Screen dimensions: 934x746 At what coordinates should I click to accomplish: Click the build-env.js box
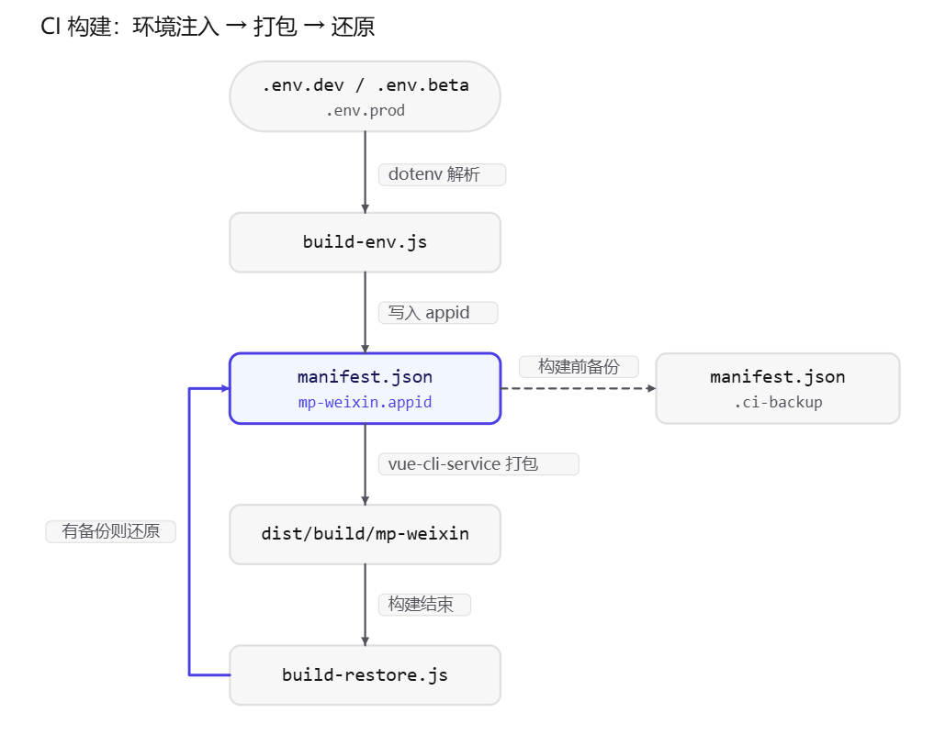[365, 242]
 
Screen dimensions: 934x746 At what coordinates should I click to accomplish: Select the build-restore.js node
[365, 675]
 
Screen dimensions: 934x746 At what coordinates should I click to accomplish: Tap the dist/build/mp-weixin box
[365, 534]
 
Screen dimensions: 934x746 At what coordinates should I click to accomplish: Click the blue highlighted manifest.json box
[365, 388]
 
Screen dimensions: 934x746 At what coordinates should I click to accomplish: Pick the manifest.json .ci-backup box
[777, 388]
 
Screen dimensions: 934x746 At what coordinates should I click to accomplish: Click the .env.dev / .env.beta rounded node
[365, 96]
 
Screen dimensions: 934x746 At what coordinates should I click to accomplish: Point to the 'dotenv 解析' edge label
[442, 174]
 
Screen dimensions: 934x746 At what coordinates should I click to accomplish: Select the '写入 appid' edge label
[438, 313]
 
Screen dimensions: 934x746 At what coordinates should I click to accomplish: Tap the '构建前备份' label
[579, 366]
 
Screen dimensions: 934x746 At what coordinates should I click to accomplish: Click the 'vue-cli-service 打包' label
[478, 463]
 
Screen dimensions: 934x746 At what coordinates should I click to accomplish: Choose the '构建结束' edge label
[424, 605]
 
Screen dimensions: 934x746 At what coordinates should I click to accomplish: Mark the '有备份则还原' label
[111, 531]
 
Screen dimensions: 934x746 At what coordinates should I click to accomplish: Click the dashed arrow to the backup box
[579, 388]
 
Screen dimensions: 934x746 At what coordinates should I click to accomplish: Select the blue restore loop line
[189, 531]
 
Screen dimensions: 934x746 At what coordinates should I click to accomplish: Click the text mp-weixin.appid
[365, 403]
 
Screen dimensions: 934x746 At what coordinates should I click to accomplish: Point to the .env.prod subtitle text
[365, 111]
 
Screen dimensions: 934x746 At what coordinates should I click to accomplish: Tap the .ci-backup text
[777, 403]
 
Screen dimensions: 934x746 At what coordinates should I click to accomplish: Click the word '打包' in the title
[276, 27]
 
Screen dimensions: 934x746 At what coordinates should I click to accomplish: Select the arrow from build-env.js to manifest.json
[366, 313]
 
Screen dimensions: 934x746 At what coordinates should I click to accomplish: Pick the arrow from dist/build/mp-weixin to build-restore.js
[366, 605]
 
